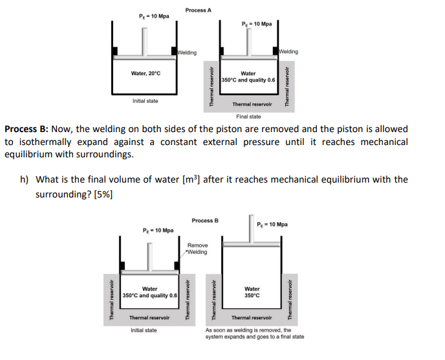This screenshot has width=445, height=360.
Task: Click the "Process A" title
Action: click(198, 10)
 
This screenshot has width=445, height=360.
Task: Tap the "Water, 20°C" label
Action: click(146, 74)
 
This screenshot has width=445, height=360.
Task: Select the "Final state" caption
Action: click(248, 117)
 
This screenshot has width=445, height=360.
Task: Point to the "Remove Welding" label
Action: click(198, 249)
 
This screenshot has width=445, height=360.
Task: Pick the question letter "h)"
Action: click(25, 179)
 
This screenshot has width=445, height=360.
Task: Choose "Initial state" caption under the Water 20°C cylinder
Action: click(146, 101)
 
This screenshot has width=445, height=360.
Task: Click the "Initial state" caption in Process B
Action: click(144, 330)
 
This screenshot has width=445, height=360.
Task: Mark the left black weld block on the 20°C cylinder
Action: click(115, 51)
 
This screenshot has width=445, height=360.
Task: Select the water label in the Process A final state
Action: click(248, 77)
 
